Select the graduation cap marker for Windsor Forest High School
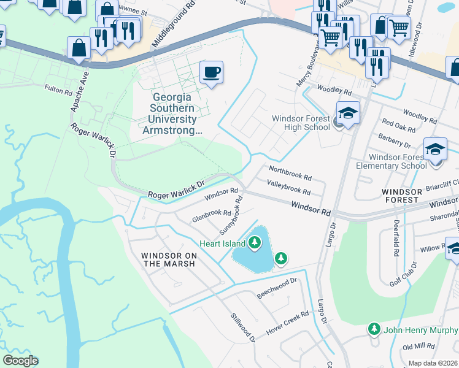347,114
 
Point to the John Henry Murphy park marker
374,329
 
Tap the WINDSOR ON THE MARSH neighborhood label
168,259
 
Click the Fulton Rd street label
58,90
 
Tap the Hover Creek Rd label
287,324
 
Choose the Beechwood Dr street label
277,288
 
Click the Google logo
20,361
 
